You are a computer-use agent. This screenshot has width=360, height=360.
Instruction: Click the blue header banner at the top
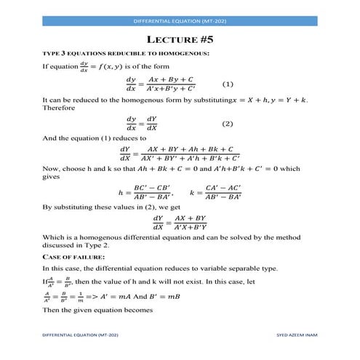point(180,21)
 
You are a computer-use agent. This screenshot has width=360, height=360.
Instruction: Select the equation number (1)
point(227,83)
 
